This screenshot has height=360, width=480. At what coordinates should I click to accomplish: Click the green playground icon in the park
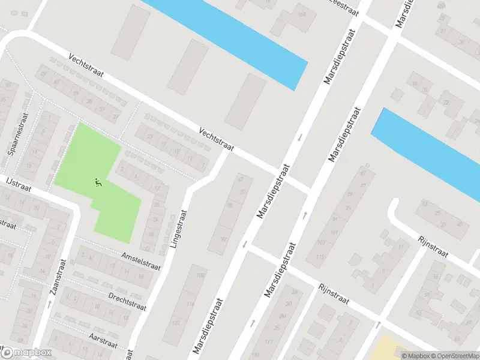click(99, 182)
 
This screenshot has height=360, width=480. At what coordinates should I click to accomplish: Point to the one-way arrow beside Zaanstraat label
click(49, 305)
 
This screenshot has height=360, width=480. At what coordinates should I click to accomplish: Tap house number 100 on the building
click(201, 275)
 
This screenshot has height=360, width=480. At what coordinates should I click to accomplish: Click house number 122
click(176, 323)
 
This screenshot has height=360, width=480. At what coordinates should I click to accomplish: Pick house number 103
click(321, 242)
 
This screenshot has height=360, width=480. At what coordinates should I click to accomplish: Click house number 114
click(190, 305)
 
